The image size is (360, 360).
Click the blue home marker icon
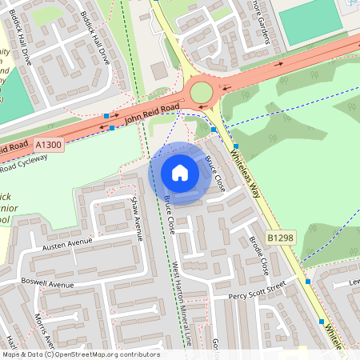[x=180, y=173]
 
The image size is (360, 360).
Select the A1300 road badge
[x=48, y=144]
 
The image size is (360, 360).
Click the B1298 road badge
[x=280, y=238]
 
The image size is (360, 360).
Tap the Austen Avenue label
[x=68, y=242]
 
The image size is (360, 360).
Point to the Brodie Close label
[x=258, y=254]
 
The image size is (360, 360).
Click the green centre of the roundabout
[x=201, y=92]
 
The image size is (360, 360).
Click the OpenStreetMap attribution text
[x=80, y=354]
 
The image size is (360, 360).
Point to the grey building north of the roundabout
[x=159, y=70]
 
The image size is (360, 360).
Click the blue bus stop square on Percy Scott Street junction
[x=307, y=282]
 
